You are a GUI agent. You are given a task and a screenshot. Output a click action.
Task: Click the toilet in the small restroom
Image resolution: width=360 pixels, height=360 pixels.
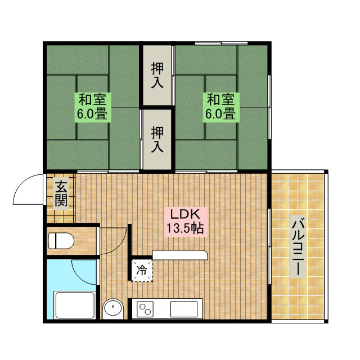[x=61, y=241]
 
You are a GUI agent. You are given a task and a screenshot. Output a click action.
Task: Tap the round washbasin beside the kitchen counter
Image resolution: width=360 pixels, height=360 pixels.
[x=113, y=308]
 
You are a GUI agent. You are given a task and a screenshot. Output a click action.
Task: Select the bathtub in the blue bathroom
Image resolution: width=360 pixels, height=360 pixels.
[x=75, y=305]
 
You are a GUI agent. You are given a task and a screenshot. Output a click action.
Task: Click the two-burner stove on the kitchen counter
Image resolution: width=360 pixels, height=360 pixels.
[x=145, y=309]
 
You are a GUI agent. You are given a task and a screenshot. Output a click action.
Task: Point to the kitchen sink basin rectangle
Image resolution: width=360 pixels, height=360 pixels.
[x=184, y=309]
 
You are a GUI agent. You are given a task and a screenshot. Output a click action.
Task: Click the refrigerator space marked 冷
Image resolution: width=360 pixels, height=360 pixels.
[x=142, y=270]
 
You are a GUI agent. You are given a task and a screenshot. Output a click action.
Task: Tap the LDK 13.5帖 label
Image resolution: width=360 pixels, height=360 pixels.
[x=185, y=222]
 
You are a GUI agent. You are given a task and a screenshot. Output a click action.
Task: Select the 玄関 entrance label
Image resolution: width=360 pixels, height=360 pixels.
[x=61, y=193]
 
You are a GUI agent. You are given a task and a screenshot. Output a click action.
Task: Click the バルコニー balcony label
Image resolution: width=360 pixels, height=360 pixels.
[x=298, y=246]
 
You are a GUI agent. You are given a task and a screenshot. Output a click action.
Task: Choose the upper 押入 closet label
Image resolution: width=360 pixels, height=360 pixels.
[x=157, y=75]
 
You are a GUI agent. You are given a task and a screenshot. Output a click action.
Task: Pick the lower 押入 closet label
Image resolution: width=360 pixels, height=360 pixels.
[x=157, y=139]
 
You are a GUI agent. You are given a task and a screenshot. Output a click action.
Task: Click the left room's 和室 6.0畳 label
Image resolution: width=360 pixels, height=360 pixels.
[x=92, y=107]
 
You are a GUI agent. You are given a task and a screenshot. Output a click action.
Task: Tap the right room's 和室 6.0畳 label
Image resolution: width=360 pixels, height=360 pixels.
[x=221, y=107]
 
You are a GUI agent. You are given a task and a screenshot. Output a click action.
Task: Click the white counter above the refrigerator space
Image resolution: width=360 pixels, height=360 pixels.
[x=180, y=255]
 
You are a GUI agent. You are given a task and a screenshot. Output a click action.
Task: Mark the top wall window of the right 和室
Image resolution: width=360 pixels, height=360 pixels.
[x=221, y=43]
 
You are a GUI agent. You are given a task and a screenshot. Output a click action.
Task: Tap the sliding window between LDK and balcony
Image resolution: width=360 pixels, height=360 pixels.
[x=269, y=246]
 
